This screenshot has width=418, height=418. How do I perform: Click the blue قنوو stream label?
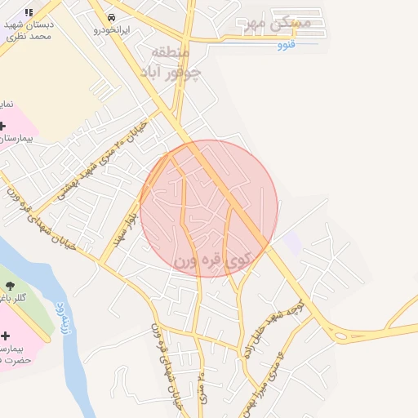[x=285, y=44]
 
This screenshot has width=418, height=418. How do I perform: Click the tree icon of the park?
[x=11, y=285]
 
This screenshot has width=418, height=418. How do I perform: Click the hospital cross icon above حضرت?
[x=6, y=336]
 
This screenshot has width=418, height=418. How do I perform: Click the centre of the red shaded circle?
[x=209, y=209]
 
